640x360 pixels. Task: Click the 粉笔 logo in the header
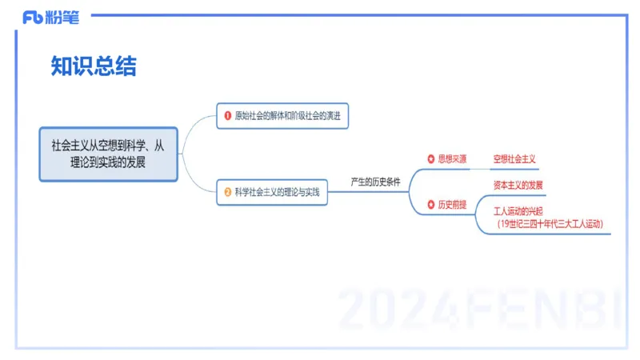(51, 17)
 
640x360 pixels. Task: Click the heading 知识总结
(94, 66)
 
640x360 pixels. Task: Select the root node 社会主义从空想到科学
(108, 146)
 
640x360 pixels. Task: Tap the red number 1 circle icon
(227, 116)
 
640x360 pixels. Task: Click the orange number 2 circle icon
(227, 192)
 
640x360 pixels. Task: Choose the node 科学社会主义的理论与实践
(277, 192)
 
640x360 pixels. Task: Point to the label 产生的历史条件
(375, 182)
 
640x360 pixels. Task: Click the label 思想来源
(452, 159)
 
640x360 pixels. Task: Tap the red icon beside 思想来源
(430, 159)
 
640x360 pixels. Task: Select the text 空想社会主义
(514, 159)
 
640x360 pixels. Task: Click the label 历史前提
(452, 205)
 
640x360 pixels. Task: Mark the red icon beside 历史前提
(430, 205)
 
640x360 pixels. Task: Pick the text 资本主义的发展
(518, 186)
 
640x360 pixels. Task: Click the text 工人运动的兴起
(518, 212)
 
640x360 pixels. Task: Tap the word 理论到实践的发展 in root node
(108, 160)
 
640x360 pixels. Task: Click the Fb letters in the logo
(32, 17)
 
